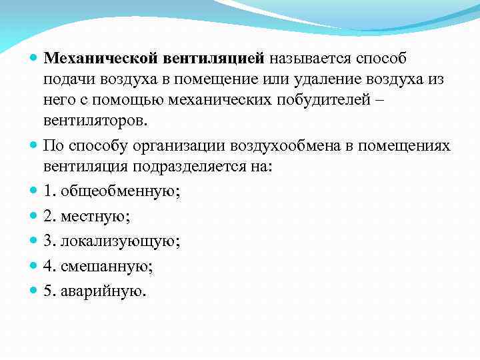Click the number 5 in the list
pos(48,291)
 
